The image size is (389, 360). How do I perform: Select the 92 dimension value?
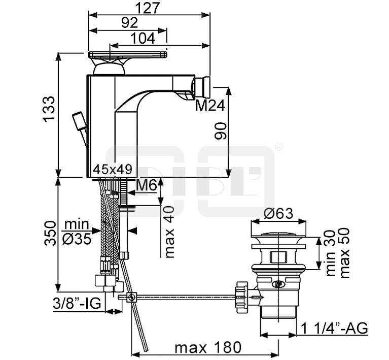click(129, 23)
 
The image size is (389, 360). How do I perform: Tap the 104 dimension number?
click(143, 39)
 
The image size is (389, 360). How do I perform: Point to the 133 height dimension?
click(49, 109)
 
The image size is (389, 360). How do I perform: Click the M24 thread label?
click(210, 105)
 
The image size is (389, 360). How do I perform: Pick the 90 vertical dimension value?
click(220, 130)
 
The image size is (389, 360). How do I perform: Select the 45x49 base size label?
click(113, 170)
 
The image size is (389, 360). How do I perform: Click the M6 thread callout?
click(147, 185)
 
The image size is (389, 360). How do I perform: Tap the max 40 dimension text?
click(169, 232)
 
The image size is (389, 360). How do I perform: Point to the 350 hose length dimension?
click(50, 233)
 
